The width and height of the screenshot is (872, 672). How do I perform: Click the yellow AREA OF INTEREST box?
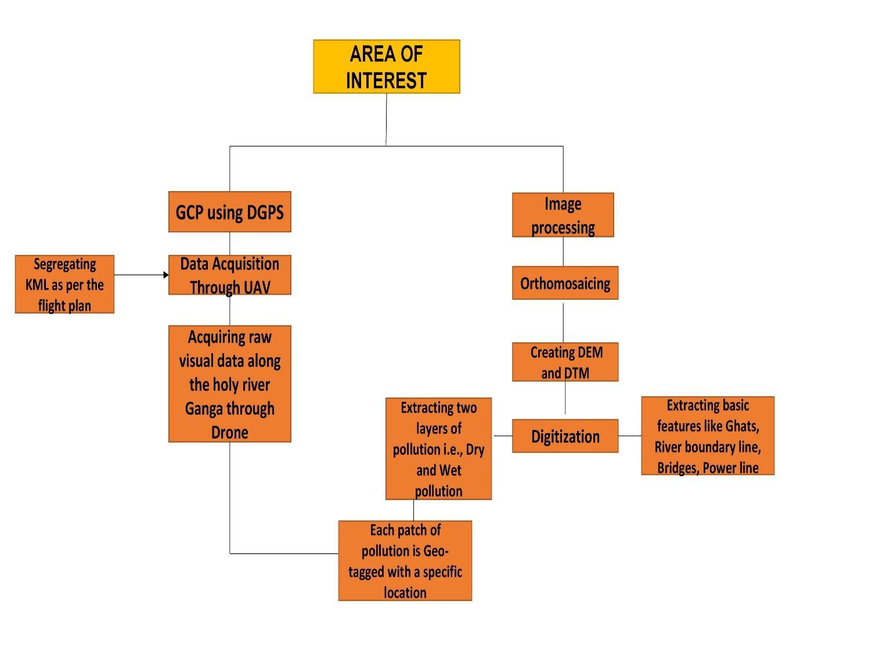pos(386,66)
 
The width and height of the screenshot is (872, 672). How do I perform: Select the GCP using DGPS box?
pos(229,212)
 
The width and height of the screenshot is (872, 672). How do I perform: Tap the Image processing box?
pos(563,215)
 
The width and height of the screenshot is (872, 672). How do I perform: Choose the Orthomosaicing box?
pos(565,283)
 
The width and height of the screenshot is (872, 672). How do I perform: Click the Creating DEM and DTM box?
pos(565,362)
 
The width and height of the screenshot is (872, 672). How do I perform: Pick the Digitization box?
pos(565,436)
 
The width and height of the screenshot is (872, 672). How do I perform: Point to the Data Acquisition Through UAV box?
pos(229,275)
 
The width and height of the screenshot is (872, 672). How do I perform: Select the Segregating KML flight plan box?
pos(64,284)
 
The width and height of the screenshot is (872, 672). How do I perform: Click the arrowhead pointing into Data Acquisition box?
pos(166,275)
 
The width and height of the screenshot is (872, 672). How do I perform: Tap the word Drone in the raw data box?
pos(230,433)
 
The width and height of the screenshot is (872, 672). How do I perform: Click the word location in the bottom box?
pos(405,593)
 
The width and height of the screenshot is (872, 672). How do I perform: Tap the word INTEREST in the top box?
pos(386,80)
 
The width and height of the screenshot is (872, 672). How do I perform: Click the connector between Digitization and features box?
pos(630,436)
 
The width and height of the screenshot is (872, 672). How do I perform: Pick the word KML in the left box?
pos(37,285)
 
